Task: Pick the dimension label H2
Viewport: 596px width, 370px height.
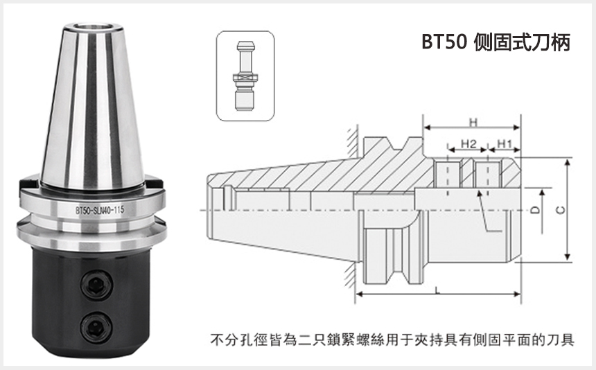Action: pos(468,143)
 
